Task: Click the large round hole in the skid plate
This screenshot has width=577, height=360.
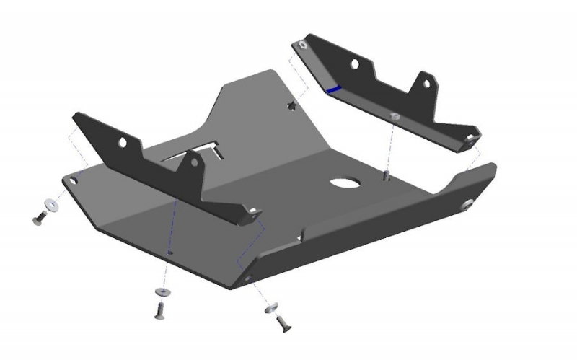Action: pos(345,183)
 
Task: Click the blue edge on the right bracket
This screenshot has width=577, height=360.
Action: pos(333,89)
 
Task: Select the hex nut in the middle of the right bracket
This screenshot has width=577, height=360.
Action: pos(394,115)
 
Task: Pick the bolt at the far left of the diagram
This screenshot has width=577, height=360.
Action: pos(40,217)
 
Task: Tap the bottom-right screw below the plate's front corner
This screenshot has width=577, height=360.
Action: pos(282,323)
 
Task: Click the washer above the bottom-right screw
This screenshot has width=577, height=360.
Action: pos(272,309)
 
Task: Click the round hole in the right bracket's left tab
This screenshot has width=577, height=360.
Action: pos(354,64)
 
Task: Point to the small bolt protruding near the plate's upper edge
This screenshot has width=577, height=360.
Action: pos(292,106)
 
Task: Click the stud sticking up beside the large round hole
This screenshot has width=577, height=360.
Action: pos(387,175)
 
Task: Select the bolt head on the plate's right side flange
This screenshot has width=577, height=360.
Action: pos(467,205)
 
